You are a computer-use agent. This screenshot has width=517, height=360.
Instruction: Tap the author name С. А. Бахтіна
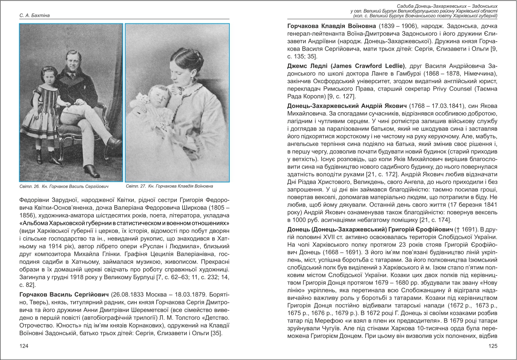click(34, 16)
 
